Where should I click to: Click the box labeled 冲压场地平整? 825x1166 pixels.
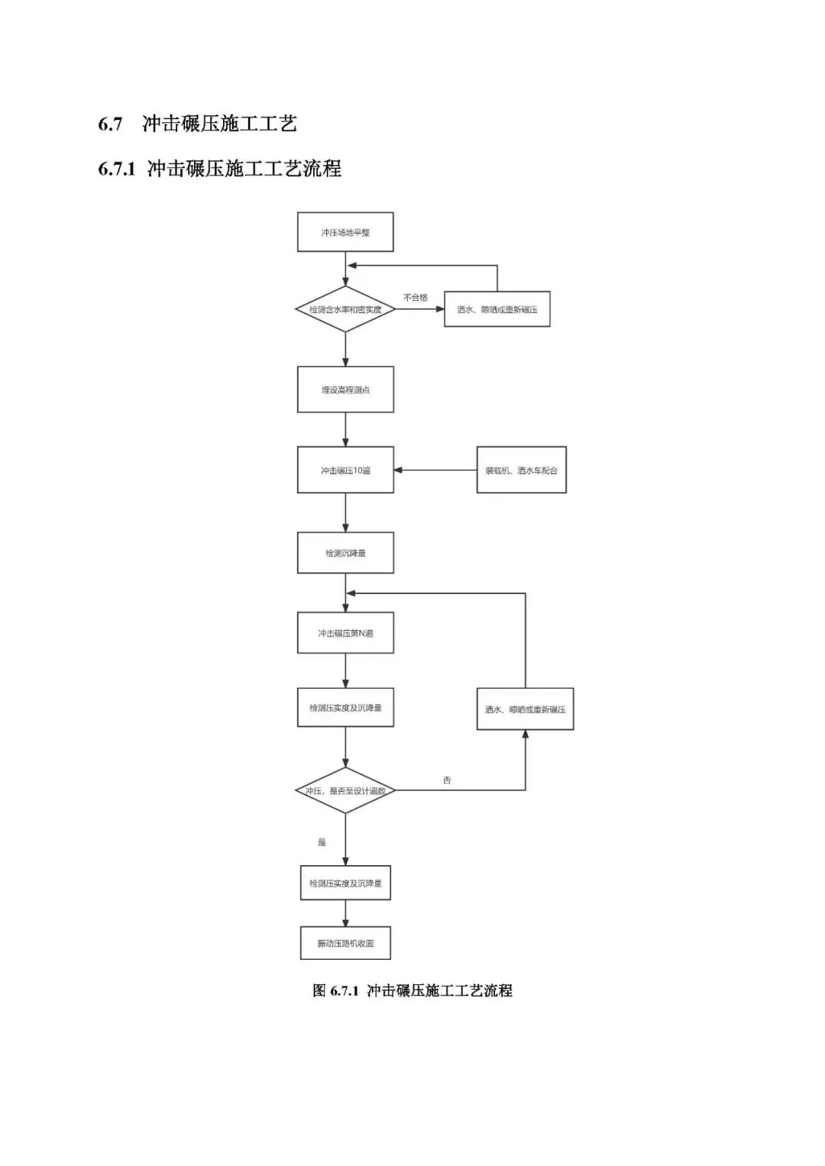(345, 232)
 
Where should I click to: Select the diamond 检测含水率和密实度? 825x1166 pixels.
(345, 309)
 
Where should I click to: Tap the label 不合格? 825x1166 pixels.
(416, 297)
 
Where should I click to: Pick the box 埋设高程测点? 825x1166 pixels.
(345, 389)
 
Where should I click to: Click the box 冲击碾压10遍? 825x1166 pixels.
(345, 470)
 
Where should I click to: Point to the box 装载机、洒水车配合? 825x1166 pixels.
(521, 470)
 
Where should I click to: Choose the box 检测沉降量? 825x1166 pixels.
(345, 552)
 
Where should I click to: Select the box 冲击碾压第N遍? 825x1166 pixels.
(345, 632)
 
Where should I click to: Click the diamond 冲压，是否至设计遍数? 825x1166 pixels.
(345, 790)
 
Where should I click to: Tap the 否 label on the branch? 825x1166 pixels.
(447, 780)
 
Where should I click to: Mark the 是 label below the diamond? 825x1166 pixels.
(322, 842)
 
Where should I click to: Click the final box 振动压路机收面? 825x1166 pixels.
(345, 943)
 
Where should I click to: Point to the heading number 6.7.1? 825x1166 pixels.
(116, 169)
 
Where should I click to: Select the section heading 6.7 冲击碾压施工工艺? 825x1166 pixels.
(198, 124)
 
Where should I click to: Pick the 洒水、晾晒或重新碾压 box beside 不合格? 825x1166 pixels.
(497, 309)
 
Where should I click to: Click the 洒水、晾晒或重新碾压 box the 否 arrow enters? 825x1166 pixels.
(525, 709)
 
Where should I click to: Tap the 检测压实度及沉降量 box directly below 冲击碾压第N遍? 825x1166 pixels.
(345, 707)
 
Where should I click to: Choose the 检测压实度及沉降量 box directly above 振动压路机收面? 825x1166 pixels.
(345, 883)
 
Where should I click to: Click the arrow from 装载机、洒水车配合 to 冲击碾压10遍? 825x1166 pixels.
(435, 470)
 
